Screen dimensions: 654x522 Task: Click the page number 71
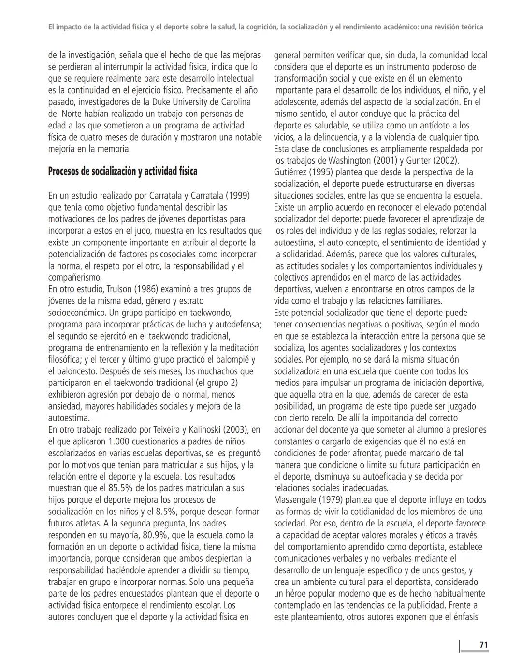point(483,645)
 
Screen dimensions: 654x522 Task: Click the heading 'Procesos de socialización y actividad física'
point(122,171)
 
